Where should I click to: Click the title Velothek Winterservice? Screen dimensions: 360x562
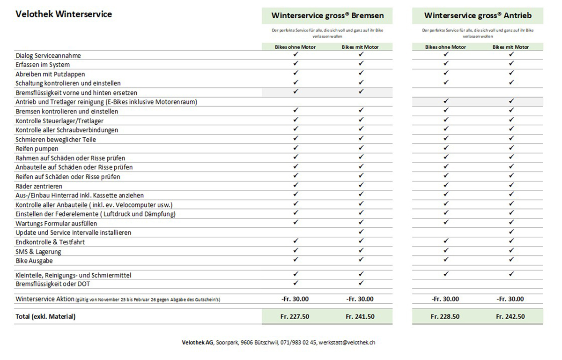click(64, 14)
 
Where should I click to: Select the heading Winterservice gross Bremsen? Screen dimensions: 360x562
click(327, 15)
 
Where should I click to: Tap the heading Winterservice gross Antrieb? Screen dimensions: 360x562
click(478, 15)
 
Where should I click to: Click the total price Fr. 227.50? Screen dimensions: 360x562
click(295, 316)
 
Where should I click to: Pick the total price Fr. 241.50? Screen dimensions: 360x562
click(360, 316)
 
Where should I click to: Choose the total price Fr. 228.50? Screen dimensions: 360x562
click(445, 316)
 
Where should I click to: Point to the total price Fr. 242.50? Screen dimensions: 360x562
click(510, 316)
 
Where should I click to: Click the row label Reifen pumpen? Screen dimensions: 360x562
click(37, 149)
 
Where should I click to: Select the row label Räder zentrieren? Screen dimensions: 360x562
click(39, 186)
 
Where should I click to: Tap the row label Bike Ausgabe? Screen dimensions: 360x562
click(34, 261)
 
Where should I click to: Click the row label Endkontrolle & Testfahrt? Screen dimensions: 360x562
click(50, 242)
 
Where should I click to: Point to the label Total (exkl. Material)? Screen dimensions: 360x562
click(45, 316)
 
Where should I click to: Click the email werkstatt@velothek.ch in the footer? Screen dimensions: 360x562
click(347, 343)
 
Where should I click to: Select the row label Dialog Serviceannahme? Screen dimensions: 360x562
click(48, 55)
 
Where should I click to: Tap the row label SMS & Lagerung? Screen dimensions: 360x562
click(38, 251)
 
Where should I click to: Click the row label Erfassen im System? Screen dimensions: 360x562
click(43, 65)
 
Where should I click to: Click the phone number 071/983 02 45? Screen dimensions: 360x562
click(298, 343)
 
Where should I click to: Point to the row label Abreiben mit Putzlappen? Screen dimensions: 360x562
click(50, 74)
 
